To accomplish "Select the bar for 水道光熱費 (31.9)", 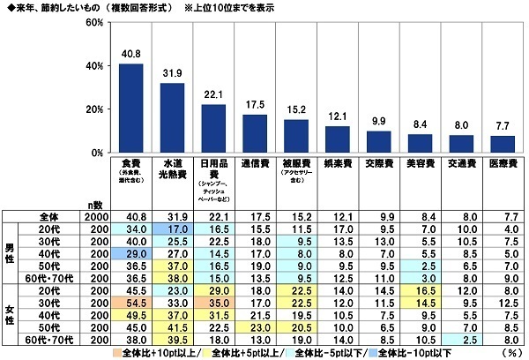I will click(x=172, y=117).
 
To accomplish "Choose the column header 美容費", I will click(x=420, y=163).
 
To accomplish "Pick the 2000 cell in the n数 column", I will click(x=95, y=217).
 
